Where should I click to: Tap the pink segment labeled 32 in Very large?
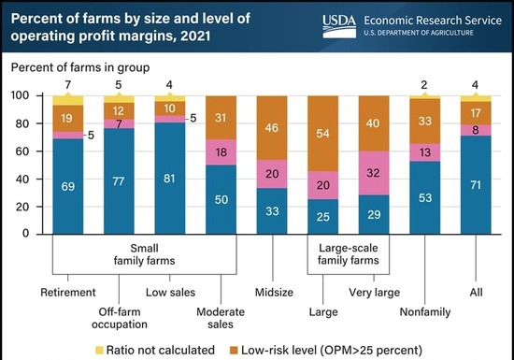click(x=376, y=173)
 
